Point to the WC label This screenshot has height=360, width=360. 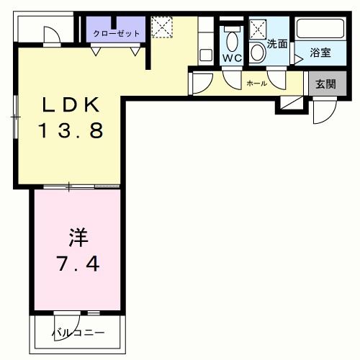pos(232,58)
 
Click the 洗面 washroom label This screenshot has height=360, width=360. pos(277,43)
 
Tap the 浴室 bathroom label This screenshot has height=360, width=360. pos(320,53)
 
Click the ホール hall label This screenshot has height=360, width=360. pos(256,84)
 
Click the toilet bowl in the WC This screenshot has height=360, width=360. pos(232,37)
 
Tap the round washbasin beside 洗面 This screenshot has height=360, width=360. pos(258,52)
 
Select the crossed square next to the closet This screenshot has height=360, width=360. pos(161,29)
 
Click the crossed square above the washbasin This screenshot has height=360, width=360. pos(258,29)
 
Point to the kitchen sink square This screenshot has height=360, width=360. pos(205,54)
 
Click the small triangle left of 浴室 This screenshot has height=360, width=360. pos(298,60)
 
